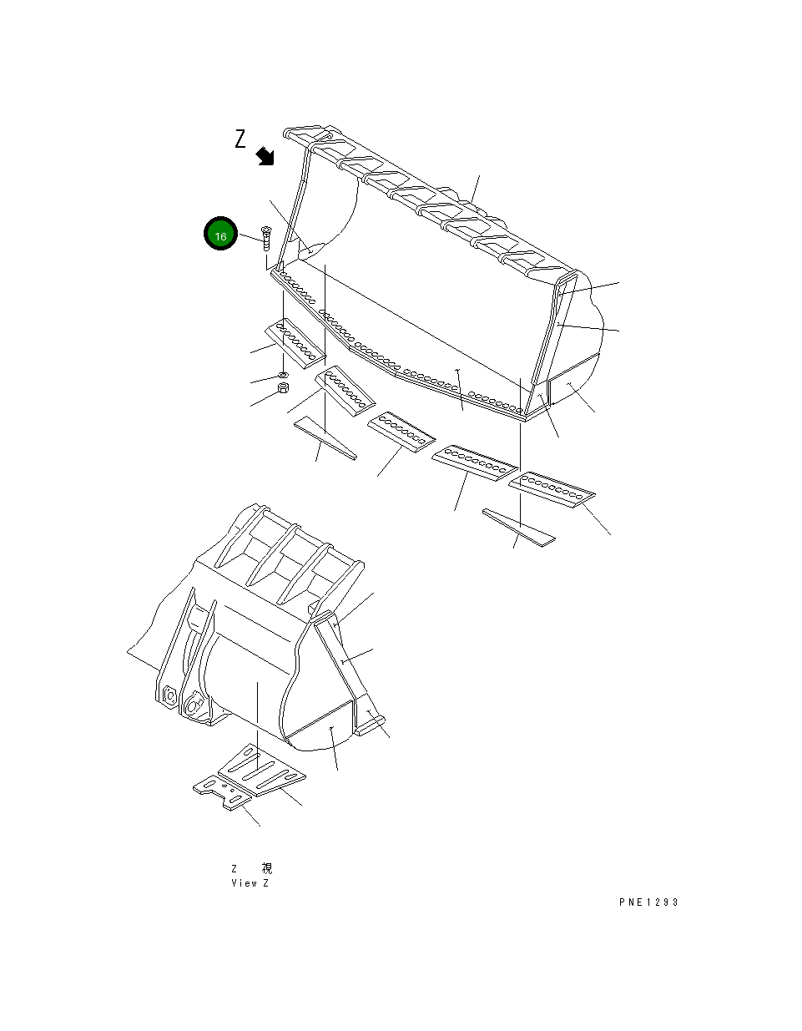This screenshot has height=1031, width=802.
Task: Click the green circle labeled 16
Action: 221,236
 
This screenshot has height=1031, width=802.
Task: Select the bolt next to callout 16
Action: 265,238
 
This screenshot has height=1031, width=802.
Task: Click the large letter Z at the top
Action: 240,139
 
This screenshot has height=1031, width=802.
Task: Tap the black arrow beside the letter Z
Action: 265,155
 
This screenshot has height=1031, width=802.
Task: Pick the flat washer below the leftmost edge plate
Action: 283,374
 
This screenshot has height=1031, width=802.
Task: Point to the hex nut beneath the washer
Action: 283,389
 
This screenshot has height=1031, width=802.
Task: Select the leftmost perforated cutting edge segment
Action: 295,342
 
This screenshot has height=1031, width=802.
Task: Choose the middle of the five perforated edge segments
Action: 401,432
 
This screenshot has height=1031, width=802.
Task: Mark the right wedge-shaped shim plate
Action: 517,527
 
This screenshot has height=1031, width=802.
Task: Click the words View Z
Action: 250,883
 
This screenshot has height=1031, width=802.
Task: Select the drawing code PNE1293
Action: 648,902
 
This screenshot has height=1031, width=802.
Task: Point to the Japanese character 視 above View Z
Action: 266,868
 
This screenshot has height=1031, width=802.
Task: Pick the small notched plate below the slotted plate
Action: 222,791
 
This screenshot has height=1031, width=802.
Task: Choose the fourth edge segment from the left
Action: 472,463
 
